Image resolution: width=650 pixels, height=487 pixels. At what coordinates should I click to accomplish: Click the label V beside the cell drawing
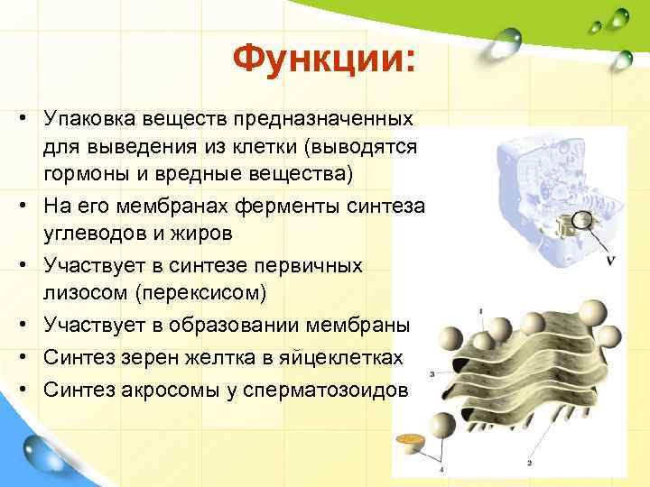(612, 261)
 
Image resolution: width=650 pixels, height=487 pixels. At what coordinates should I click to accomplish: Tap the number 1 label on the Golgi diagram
(480, 311)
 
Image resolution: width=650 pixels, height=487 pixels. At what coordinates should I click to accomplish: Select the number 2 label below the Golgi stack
(529, 463)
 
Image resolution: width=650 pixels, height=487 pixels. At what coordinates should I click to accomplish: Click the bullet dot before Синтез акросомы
(21, 391)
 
